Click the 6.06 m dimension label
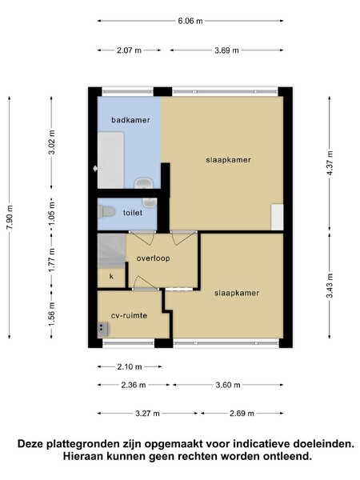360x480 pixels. [x=190, y=21]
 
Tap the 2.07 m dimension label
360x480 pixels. [x=129, y=50]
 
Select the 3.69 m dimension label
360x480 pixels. [x=226, y=50]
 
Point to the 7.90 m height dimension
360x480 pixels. [x=10, y=218]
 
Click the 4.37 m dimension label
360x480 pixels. [x=330, y=164]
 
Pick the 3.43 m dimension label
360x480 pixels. [x=330, y=286]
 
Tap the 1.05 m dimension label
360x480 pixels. [x=52, y=214]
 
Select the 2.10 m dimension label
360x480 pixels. [x=130, y=366]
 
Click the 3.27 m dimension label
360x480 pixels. [x=147, y=414]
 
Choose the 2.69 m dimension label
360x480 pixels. [x=242, y=414]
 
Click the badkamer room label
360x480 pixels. [x=130, y=120]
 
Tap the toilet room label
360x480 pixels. [x=133, y=213]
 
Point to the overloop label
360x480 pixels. [x=153, y=258]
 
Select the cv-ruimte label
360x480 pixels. [x=129, y=316]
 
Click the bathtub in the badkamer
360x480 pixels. [x=110, y=160]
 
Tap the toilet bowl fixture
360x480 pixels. [x=106, y=211]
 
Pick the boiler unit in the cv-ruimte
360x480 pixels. [x=102, y=329]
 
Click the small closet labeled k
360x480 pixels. [x=111, y=278]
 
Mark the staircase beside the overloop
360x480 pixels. [x=111, y=251]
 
